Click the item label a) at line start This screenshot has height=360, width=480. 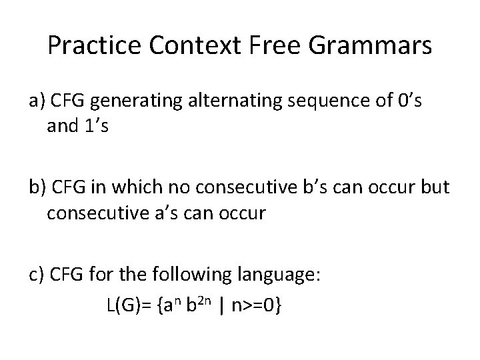pyautogui.click(x=37, y=101)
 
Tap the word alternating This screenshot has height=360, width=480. pyautogui.click(x=227, y=101)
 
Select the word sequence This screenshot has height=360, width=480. pyautogui.click(x=324, y=103)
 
